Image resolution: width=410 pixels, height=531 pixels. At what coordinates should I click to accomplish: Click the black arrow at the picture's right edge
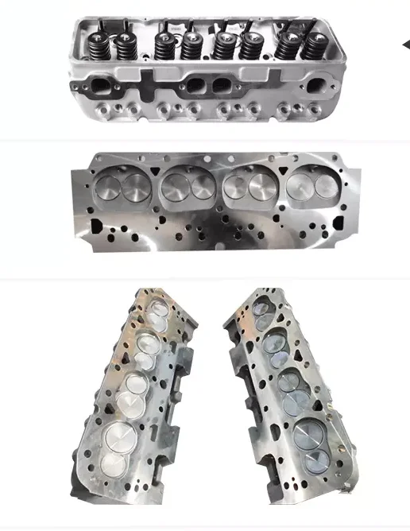point(405,45)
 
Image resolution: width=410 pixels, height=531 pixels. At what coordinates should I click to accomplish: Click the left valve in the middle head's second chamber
point(175,187)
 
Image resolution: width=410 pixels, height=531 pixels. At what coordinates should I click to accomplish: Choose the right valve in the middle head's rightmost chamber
point(326,185)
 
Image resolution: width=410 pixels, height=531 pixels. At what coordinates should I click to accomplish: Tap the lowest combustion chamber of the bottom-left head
point(120,442)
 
